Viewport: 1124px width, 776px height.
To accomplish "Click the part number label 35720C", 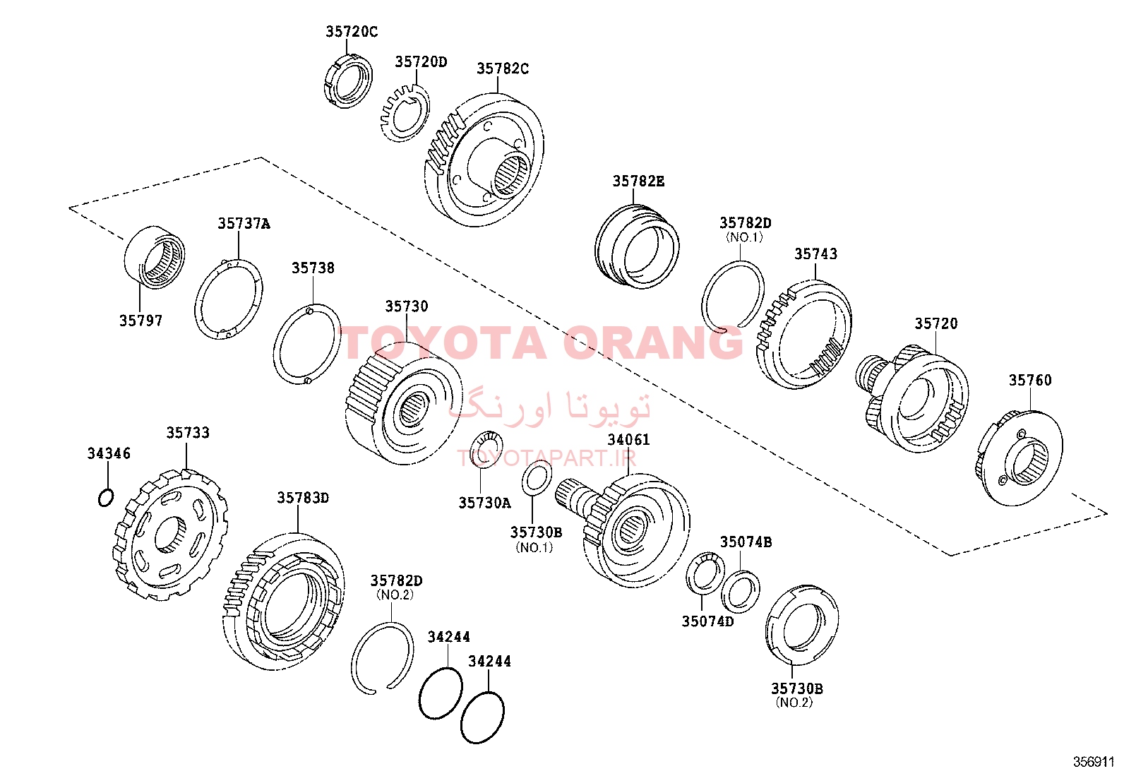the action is point(352,32).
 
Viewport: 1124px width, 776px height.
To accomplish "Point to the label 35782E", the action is point(638,181).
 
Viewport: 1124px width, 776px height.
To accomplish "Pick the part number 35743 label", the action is point(815,254).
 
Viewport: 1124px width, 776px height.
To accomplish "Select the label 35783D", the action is point(303,497).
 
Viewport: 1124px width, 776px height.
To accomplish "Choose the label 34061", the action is point(629,440).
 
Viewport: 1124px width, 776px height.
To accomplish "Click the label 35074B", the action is point(746,542).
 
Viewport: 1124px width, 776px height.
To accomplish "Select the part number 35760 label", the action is point(1030,381).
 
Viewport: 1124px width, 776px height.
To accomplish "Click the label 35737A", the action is point(244,223).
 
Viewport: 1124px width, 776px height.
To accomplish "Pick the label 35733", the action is point(188,433).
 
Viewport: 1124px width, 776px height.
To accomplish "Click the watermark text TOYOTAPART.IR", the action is point(546,458).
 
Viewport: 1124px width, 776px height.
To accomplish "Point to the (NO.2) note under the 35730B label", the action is point(794,703).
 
